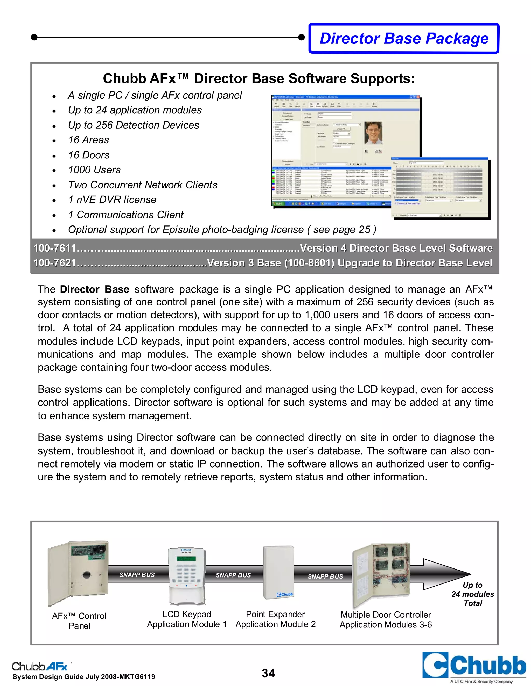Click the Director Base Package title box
(404, 38)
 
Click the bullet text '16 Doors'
(89, 155)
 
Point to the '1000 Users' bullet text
(94, 170)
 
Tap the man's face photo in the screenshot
(373, 133)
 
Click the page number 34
(268, 673)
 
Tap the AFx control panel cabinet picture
(78, 573)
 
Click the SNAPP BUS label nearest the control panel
(137, 575)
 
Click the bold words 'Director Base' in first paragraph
(94, 289)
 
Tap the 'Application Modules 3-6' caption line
(386, 625)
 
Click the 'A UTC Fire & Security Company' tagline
(481, 681)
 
